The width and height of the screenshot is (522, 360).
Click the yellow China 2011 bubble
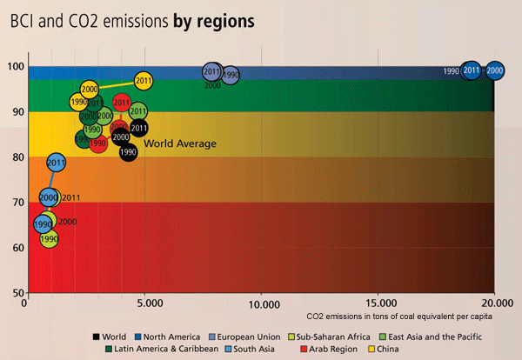[144, 81]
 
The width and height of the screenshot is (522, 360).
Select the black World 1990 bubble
[128, 152]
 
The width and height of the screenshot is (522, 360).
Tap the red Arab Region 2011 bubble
[122, 103]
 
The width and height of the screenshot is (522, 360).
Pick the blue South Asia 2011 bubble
[57, 162]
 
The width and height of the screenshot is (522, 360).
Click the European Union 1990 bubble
[231, 76]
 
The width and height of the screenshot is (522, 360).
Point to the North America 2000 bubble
[494, 70]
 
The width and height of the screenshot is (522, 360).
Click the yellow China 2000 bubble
[89, 89]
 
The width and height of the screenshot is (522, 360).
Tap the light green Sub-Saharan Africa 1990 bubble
[49, 238]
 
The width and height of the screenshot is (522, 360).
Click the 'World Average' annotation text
[180, 143]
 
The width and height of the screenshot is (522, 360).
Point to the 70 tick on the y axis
[17, 203]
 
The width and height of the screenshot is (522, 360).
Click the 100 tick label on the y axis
[15, 67]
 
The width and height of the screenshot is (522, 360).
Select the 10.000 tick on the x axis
[262, 303]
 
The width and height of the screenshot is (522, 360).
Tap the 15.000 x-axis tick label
[378, 303]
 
